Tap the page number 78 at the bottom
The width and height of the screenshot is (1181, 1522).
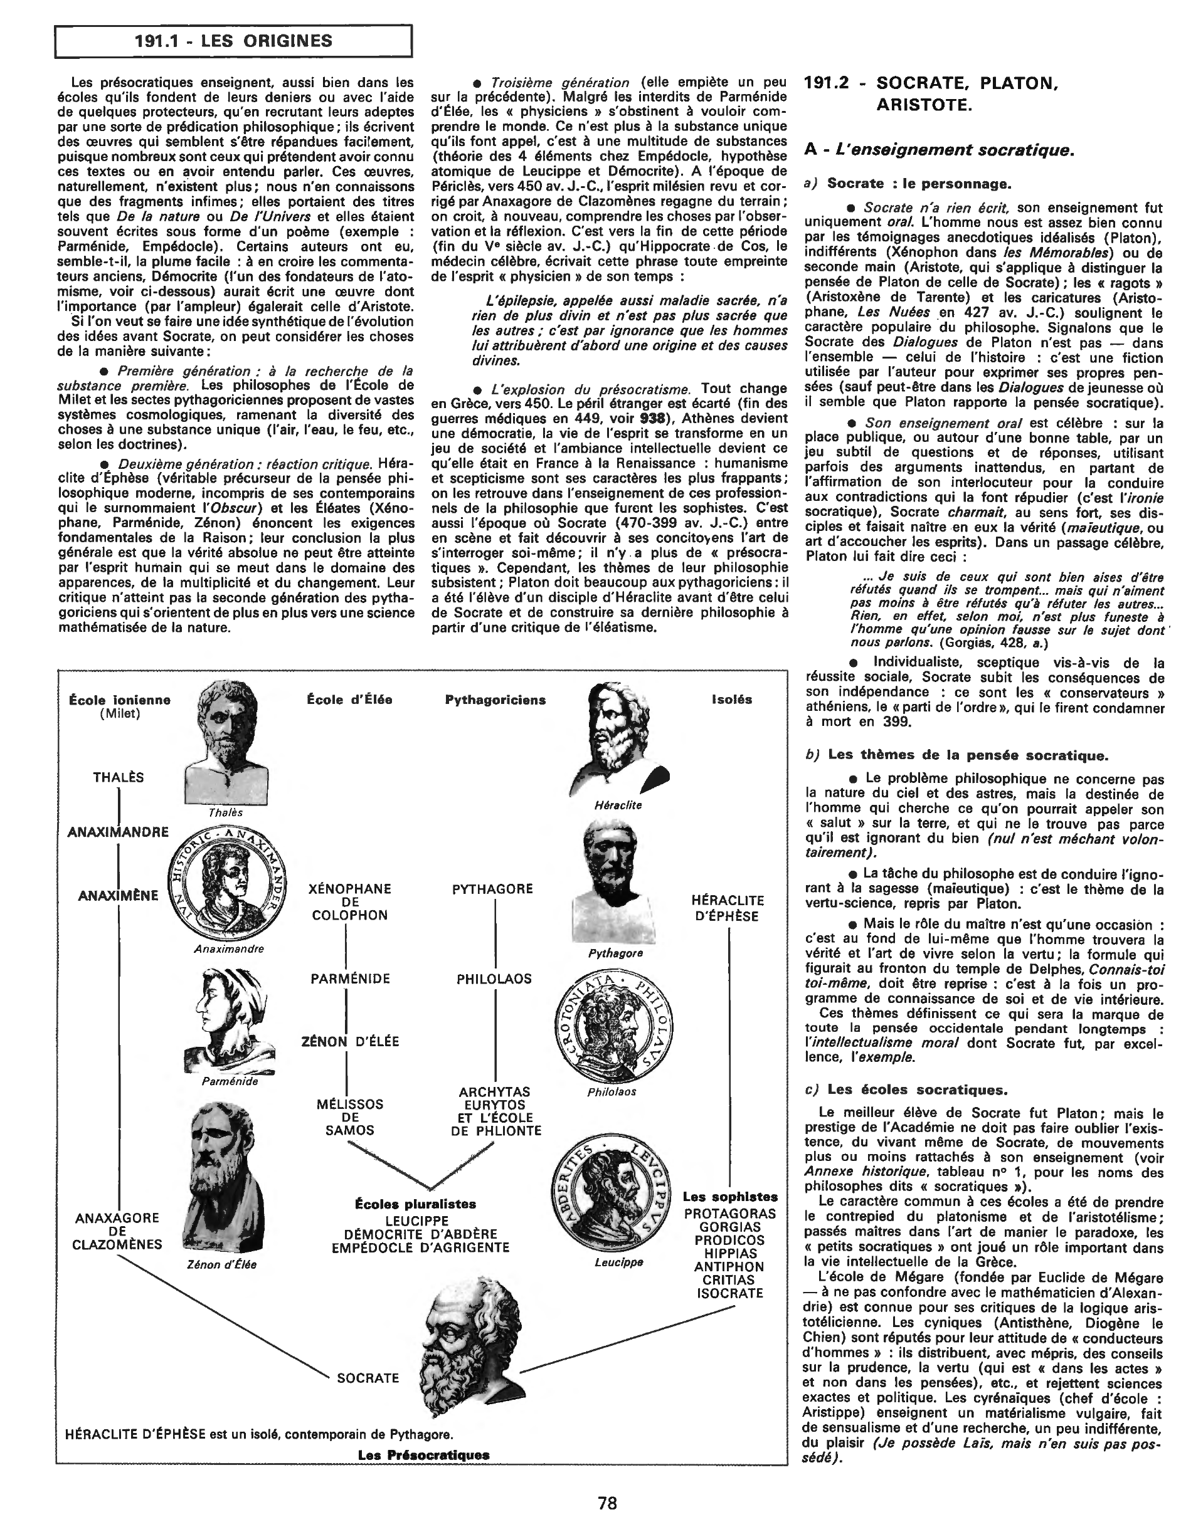(x=606, y=1502)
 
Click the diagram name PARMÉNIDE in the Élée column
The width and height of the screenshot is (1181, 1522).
(x=350, y=979)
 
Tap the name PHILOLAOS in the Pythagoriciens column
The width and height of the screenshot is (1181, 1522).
(x=494, y=979)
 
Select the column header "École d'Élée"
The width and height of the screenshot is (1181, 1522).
(x=349, y=700)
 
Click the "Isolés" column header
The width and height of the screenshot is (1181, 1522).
(x=731, y=700)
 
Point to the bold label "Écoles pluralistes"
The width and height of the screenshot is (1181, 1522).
(x=415, y=1204)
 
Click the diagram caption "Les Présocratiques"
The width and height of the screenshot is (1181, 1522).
(x=423, y=1455)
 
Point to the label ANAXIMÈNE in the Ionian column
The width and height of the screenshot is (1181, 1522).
(x=119, y=896)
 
